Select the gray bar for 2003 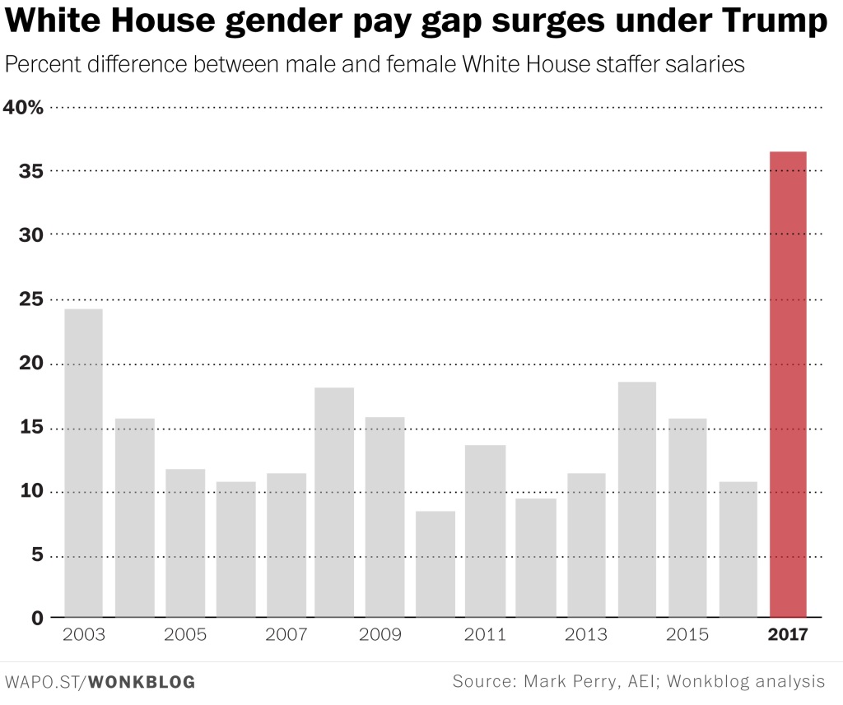click(x=83, y=462)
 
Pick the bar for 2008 click(x=334, y=502)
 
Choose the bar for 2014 click(x=637, y=499)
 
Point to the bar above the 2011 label click(x=486, y=531)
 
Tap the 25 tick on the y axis click(x=30, y=299)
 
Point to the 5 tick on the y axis click(x=36, y=555)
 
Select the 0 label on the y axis click(x=36, y=618)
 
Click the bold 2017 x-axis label click(x=788, y=635)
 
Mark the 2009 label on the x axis click(x=385, y=635)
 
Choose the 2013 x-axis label click(x=586, y=635)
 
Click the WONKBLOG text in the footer click(x=141, y=682)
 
